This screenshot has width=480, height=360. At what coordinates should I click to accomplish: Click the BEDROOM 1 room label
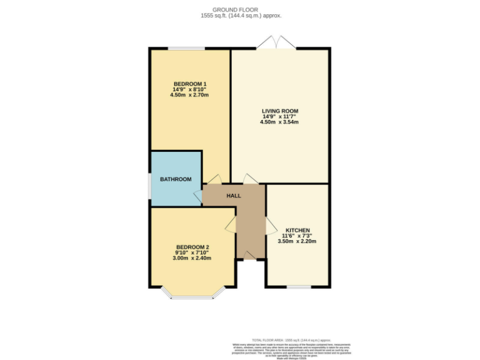pyautogui.click(x=190, y=84)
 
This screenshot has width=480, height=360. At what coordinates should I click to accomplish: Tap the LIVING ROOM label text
pyautogui.click(x=279, y=111)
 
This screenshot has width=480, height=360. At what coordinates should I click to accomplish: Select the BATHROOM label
pyautogui.click(x=176, y=179)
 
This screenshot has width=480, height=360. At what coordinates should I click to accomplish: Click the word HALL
pyautogui.click(x=233, y=196)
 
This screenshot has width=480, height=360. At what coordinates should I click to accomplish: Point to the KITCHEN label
pyautogui.click(x=297, y=229)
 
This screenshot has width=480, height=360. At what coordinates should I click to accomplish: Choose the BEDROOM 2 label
pyautogui.click(x=192, y=246)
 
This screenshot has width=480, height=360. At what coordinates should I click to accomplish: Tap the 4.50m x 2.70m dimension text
pyautogui.click(x=190, y=96)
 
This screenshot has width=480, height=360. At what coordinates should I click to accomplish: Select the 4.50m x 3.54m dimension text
pyautogui.click(x=279, y=122)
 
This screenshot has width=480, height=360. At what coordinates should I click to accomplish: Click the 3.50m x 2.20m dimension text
pyautogui.click(x=297, y=241)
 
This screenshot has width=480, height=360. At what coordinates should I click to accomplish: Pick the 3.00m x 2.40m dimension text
pyautogui.click(x=192, y=258)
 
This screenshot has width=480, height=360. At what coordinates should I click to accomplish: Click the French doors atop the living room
pyautogui.click(x=276, y=42)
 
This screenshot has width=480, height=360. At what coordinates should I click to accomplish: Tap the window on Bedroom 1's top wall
pyautogui.click(x=185, y=49)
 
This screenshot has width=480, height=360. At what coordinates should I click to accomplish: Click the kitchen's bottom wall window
pyautogui.click(x=299, y=287)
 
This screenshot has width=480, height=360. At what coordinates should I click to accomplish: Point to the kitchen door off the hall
pyautogui.click(x=270, y=226)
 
